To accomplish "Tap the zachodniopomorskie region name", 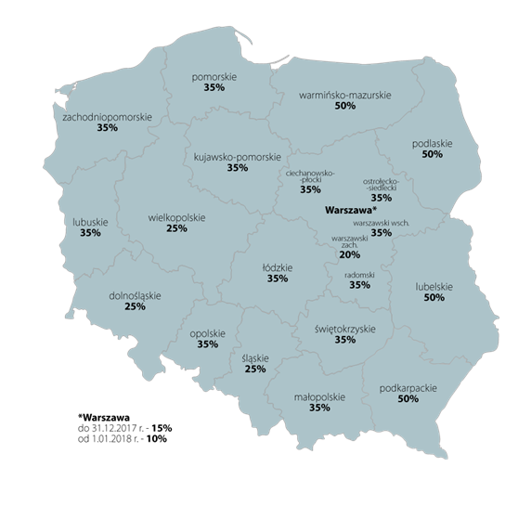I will coord(107,117).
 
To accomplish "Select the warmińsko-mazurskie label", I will coord(345,95).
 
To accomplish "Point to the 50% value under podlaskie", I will coord(432,155).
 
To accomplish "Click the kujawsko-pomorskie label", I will coord(237,156).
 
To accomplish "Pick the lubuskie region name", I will coord(90,222).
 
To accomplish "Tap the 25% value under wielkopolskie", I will coord(176,229).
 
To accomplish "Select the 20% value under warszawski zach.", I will coord(349,254).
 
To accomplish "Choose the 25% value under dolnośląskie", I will coord(136,306).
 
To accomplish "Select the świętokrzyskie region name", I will coord(345,328).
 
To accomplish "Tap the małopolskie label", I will coord(319,396).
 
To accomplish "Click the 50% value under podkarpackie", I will coord(408,399).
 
